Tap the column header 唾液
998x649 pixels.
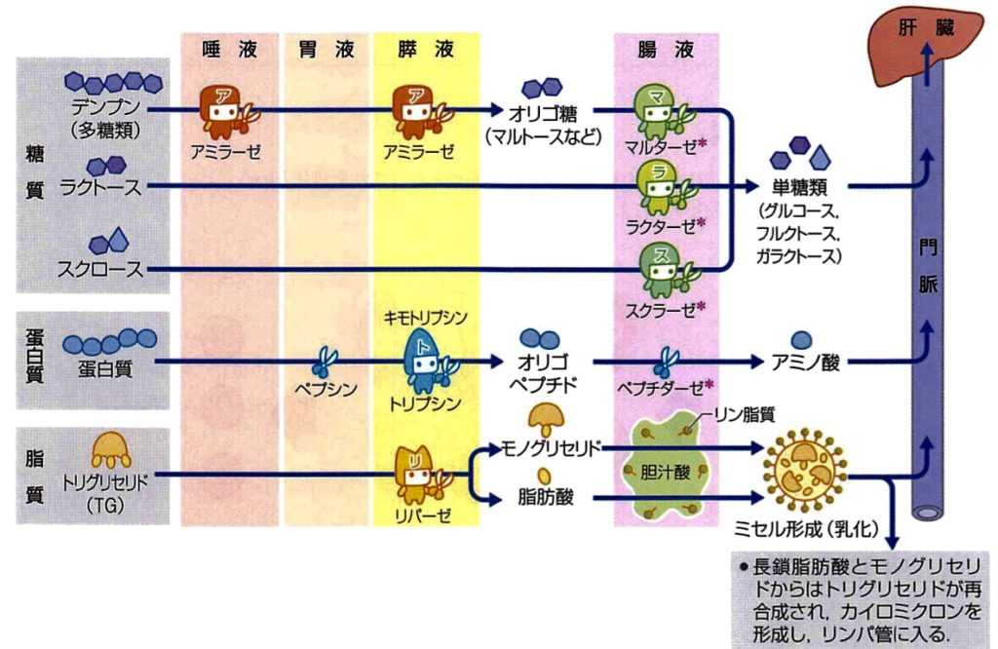tap(229, 49)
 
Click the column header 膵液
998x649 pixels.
tap(425, 49)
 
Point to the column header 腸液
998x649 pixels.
tap(666, 49)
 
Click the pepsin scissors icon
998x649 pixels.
tap(326, 362)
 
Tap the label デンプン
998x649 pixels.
tap(106, 105)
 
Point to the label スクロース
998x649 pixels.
tap(100, 270)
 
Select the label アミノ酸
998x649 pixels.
tap(803, 363)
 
